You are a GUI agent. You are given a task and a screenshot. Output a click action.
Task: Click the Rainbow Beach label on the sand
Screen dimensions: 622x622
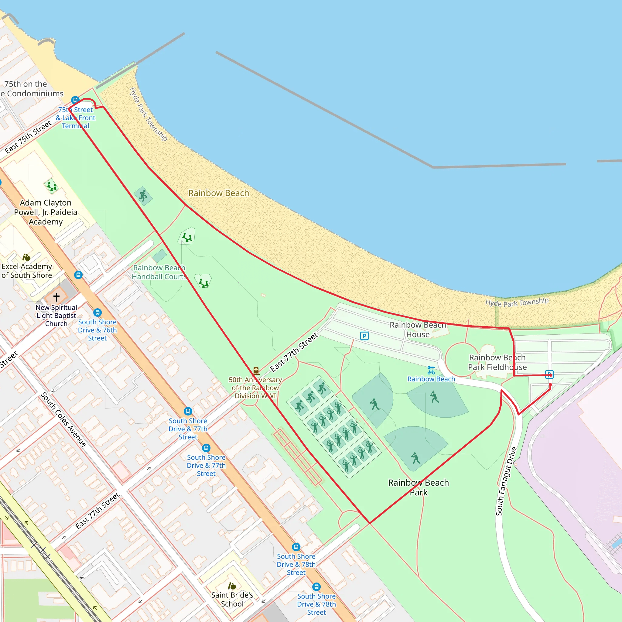(219, 193)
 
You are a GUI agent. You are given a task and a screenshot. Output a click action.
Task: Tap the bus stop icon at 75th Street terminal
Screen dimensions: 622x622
(75, 100)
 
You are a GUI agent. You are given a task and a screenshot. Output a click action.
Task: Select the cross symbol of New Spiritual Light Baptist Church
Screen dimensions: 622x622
(56, 297)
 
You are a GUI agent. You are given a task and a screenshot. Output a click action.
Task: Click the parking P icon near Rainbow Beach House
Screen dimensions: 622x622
(364, 336)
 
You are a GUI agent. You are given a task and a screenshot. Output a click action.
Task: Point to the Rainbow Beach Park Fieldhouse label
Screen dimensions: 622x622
(497, 362)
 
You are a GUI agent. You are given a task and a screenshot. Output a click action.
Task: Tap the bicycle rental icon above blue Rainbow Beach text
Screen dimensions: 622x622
(431, 370)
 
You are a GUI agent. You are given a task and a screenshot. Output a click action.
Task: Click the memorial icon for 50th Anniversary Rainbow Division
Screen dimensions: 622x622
(256, 371)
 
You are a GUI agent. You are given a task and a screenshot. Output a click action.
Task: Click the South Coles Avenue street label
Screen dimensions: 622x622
(63, 419)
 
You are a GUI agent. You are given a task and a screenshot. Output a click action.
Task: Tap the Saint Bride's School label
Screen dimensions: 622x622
(232, 600)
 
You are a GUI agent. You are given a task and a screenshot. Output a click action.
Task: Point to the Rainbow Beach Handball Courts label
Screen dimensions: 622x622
(159, 272)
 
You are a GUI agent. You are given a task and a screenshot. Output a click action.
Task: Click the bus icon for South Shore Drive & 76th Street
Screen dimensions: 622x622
(97, 313)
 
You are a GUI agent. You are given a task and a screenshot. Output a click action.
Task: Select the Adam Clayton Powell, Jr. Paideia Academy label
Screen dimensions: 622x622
(46, 212)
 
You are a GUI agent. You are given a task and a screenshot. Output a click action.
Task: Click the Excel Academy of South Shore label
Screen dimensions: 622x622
(27, 271)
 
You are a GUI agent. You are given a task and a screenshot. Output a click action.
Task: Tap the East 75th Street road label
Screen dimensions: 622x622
(28, 137)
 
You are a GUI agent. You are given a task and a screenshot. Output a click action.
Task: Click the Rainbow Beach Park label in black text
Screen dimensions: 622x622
(418, 487)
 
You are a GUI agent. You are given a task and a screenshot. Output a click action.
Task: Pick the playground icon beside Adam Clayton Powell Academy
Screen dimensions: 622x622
(51, 186)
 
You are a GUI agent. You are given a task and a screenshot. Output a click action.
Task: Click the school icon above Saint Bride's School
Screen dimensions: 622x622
(232, 586)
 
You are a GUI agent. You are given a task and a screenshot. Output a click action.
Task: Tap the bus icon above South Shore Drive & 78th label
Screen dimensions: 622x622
(296, 547)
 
